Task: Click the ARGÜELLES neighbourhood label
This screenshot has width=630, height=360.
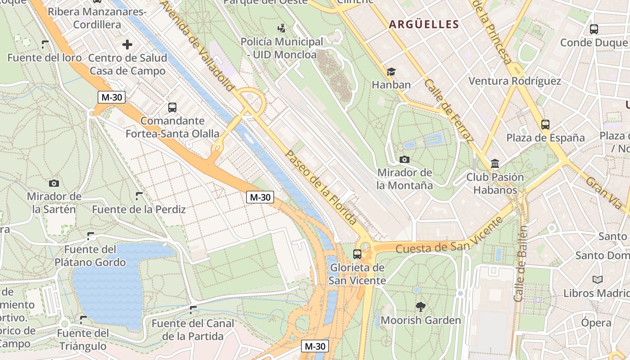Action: pyautogui.click(x=423, y=24)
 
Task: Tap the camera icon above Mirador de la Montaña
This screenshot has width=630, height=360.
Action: pyautogui.click(x=404, y=159)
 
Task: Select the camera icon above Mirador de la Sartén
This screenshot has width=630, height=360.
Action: pyautogui.click(x=54, y=183)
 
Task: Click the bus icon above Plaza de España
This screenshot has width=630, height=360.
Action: pyautogui.click(x=545, y=125)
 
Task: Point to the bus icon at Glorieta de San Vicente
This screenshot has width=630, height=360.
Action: pyautogui.click(x=357, y=254)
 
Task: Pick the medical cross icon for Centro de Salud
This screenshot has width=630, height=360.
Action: pyautogui.click(x=127, y=45)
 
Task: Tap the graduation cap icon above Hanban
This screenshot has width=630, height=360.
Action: pyautogui.click(x=391, y=72)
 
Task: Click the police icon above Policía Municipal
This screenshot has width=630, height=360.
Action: pyautogui.click(x=282, y=29)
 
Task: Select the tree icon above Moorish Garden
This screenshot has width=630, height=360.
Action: pyautogui.click(x=421, y=307)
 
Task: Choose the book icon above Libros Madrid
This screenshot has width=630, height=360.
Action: pyautogui.click(x=598, y=280)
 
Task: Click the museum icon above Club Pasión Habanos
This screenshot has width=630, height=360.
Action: pyautogui.click(x=495, y=164)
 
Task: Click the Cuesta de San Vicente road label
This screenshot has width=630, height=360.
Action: pyautogui.click(x=449, y=236)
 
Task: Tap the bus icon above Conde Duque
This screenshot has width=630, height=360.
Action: pyautogui.click(x=594, y=29)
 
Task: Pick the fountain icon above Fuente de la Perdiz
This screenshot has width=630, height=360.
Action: pyautogui.click(x=139, y=196)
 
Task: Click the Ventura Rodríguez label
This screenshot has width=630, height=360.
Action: pyautogui.click(x=515, y=81)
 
